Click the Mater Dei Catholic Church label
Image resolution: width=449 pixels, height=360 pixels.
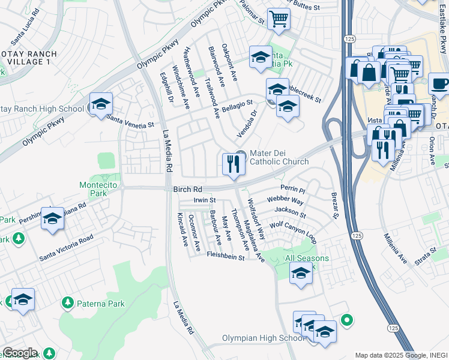click(x=279, y=157)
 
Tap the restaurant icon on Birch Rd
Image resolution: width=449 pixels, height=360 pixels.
click(x=232, y=163)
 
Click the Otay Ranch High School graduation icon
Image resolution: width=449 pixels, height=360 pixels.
click(x=101, y=104)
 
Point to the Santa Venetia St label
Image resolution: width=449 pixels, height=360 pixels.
click(x=130, y=121)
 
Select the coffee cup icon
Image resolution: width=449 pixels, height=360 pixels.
click(x=439, y=83)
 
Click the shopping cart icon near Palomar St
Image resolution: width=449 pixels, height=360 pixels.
click(x=279, y=18)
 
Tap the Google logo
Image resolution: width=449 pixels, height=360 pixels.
click(x=19, y=353)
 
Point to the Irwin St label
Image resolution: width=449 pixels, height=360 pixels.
click(x=204, y=200)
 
